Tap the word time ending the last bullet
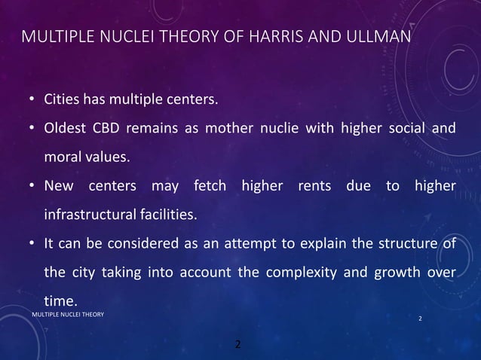61,302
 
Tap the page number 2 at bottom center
238,345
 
